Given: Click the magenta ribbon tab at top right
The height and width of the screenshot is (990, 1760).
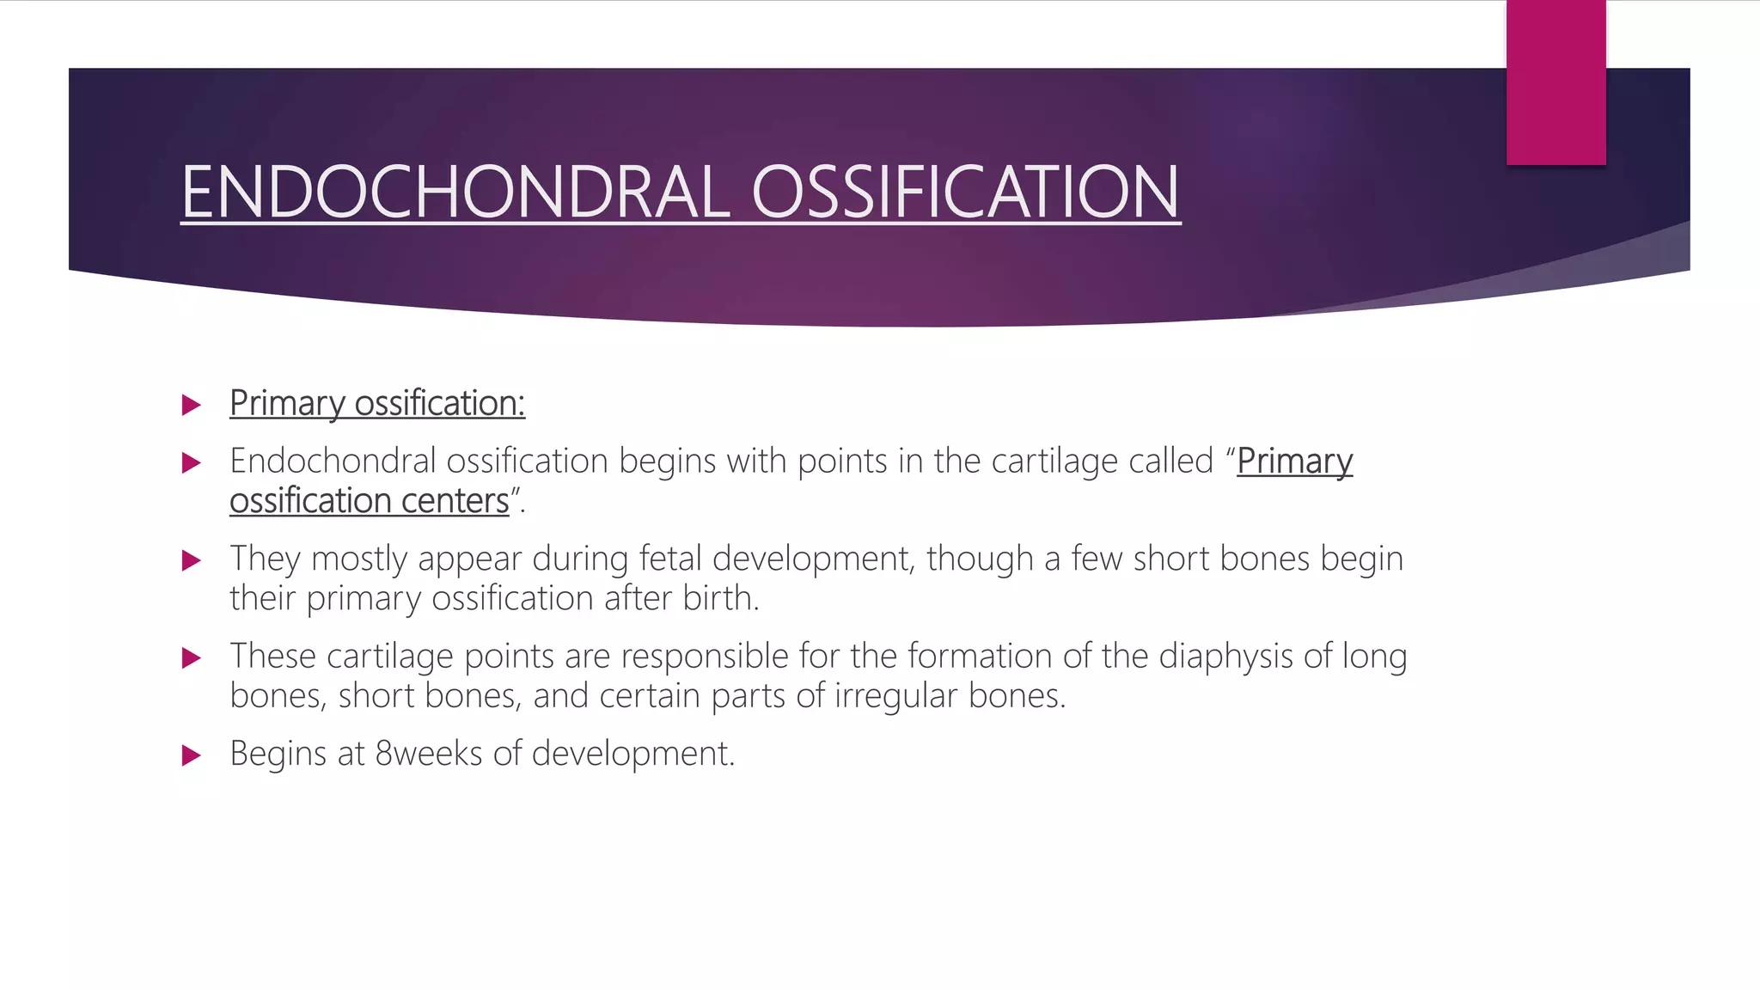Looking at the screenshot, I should (1555, 82).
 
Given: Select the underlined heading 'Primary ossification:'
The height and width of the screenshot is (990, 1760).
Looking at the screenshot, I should (377, 403).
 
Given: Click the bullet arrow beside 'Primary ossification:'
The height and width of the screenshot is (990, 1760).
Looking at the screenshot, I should (192, 405).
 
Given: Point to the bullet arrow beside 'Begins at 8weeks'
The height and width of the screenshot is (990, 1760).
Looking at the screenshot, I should (192, 755).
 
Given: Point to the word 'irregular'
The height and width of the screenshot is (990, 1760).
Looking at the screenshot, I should (895, 696).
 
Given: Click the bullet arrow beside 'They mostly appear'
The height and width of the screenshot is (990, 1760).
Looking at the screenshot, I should (192, 561).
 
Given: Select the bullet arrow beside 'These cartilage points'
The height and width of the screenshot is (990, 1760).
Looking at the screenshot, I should (192, 658).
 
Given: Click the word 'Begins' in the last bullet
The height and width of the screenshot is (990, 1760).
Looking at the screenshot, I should (278, 755).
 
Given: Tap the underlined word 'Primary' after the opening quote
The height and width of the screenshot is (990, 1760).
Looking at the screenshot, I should (1294, 461).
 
